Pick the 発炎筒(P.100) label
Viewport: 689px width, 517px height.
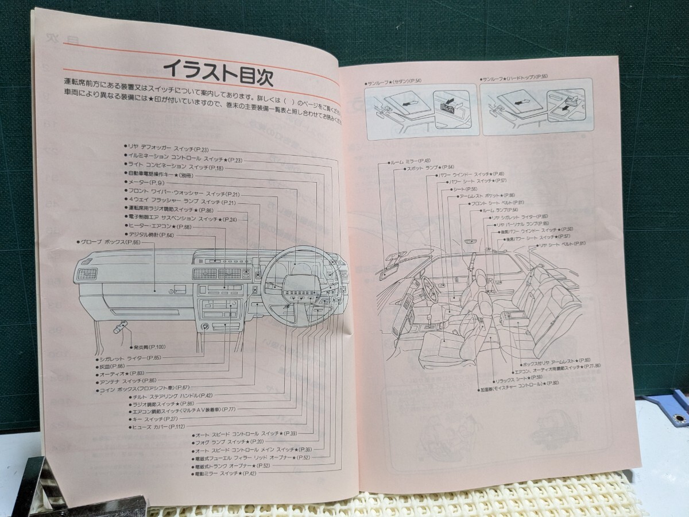pos(149,347)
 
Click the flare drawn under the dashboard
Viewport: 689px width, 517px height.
pos(105,329)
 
